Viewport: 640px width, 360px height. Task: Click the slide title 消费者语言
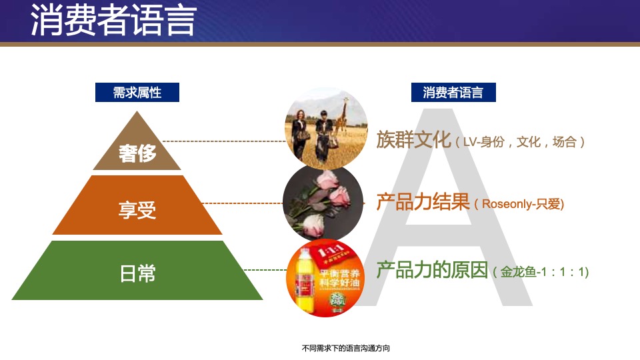(x=113, y=21)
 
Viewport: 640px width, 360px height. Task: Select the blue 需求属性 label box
(x=137, y=92)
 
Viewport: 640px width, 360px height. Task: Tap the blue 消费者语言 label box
(x=453, y=92)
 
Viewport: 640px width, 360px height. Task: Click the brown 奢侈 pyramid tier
(x=137, y=153)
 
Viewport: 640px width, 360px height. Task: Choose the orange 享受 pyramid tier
(x=137, y=211)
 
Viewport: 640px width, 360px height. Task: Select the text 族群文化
(x=413, y=140)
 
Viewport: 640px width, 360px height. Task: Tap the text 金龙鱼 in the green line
(x=515, y=273)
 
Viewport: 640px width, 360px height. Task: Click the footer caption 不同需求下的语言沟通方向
(x=345, y=348)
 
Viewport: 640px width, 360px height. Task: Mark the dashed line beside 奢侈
(x=223, y=141)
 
